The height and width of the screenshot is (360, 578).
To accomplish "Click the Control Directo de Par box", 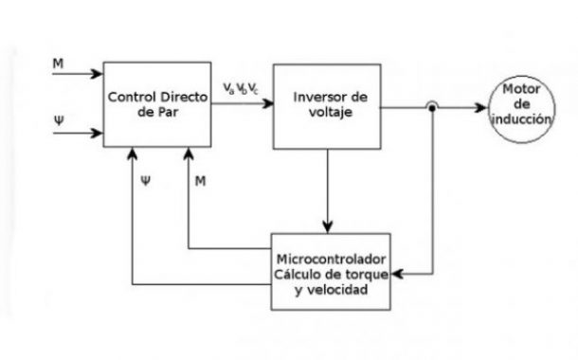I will click(157, 104).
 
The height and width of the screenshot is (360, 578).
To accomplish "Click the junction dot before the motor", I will click(432, 107).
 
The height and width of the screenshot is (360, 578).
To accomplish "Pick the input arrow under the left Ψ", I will click(80, 134).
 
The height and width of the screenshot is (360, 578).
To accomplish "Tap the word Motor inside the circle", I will click(520, 90).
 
